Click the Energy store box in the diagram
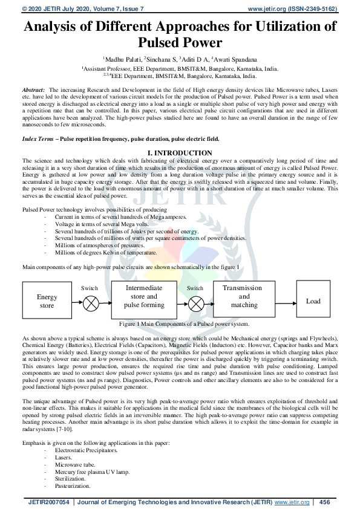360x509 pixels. click(47, 301)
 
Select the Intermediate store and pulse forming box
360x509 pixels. click(144, 297)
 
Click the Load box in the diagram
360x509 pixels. click(313, 301)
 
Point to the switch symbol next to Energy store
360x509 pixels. click(90, 302)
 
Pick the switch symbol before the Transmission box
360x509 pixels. click(195, 302)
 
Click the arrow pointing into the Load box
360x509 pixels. click(286, 301)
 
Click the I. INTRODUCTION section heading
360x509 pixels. click(180, 153)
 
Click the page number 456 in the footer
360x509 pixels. click(324, 502)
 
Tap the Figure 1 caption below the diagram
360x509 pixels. click(180, 324)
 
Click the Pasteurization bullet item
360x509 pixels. click(72, 485)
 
